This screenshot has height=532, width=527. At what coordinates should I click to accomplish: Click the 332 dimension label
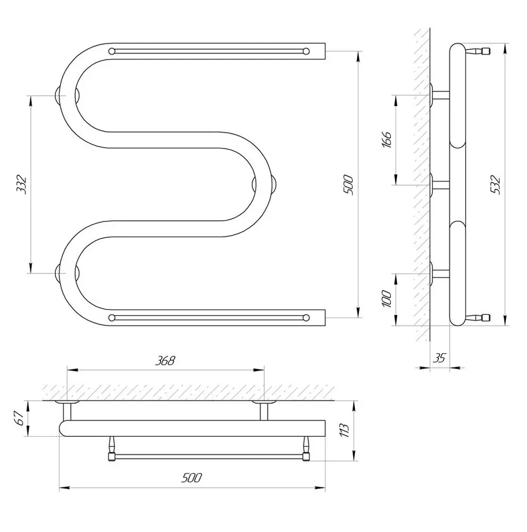(22, 184)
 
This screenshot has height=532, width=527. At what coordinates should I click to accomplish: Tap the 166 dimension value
(387, 139)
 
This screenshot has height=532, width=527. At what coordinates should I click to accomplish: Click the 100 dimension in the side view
(387, 300)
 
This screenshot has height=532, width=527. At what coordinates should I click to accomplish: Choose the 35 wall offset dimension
(439, 358)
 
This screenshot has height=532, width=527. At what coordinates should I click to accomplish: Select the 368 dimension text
(165, 361)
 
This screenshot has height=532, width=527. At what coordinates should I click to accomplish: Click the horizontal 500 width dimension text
(191, 478)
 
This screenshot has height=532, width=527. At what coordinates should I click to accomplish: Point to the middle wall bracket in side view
(439, 185)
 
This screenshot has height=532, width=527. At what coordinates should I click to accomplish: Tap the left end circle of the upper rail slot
(112, 51)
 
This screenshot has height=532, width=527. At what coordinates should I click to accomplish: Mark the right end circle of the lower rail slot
(306, 318)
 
